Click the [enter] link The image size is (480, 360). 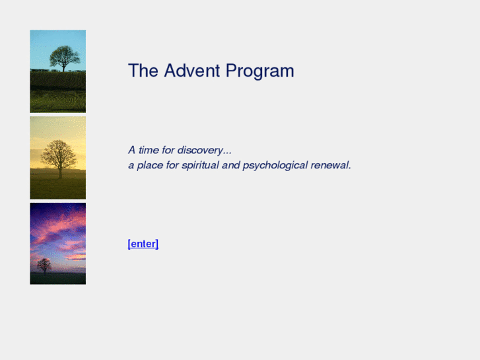coord(143,244)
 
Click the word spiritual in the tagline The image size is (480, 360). coord(199,165)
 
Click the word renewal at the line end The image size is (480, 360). coord(330,165)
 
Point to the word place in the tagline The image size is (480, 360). coord(150,165)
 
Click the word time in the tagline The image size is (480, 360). coord(149,151)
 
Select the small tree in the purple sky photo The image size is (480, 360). coord(44,265)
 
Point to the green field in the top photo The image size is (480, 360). coord(57,99)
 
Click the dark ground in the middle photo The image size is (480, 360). coord(57,188)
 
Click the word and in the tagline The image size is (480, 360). coord(230,165)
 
